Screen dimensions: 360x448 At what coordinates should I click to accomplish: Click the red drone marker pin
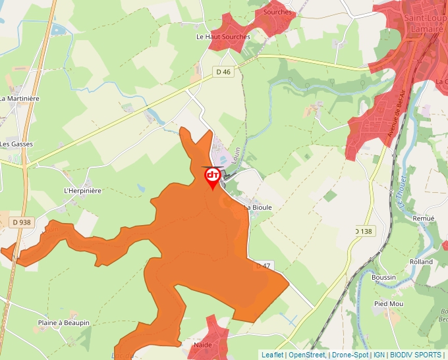pos(213,177)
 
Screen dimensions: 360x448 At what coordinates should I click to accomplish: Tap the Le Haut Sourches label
pos(223,37)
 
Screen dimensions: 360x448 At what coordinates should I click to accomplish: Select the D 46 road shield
pos(223,71)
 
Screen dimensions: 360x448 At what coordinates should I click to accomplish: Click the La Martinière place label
pos(20,99)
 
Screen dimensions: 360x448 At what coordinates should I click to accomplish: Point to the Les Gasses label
pos(16,144)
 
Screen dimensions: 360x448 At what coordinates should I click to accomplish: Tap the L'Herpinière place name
pos(82,191)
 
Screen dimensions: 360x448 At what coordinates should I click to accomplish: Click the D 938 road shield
pos(22,222)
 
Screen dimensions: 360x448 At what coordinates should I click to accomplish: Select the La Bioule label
pos(258,207)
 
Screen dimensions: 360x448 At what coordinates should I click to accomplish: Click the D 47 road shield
pos(264,265)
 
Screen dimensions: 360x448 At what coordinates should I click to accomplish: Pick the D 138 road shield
pos(364,231)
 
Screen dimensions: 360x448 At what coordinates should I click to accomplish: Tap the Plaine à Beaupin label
pos(63,323)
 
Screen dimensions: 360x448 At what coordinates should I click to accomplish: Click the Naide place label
pos(202,345)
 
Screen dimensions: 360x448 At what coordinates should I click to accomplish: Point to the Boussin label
pos(383,278)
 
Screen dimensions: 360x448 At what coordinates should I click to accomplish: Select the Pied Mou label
pos(388,303)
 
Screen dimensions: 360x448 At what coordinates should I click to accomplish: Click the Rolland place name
pos(421,262)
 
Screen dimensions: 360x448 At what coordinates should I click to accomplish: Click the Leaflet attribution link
pos(273,355)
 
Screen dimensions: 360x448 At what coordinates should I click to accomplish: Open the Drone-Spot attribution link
pos(350,355)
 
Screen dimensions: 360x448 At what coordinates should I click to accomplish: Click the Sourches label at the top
pos(277,12)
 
